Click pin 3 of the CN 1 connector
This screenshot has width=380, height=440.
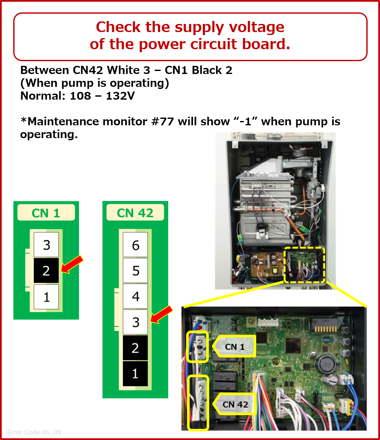click(x=47, y=245)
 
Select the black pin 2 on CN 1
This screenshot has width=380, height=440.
click(x=47, y=270)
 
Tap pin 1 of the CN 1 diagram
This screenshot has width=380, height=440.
click(x=47, y=296)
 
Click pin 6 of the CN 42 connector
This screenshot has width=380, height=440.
click(x=135, y=245)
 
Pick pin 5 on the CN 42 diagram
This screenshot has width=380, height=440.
click(x=135, y=270)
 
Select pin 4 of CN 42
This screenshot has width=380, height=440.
click(x=135, y=296)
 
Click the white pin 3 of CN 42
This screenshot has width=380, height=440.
click(x=135, y=322)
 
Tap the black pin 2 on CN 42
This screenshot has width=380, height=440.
click(x=135, y=348)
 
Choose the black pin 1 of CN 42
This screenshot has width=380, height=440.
click(x=135, y=373)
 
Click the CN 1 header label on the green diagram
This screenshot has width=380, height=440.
click(x=46, y=213)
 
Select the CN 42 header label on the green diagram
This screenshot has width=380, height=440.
click(x=135, y=213)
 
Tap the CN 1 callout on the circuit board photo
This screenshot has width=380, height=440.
click(x=235, y=346)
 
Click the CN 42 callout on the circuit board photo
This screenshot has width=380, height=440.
click(x=235, y=404)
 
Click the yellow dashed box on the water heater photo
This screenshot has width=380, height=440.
click(x=304, y=265)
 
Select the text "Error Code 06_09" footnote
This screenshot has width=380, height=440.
click(x=34, y=432)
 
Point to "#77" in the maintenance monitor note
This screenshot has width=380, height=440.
click(x=162, y=122)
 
